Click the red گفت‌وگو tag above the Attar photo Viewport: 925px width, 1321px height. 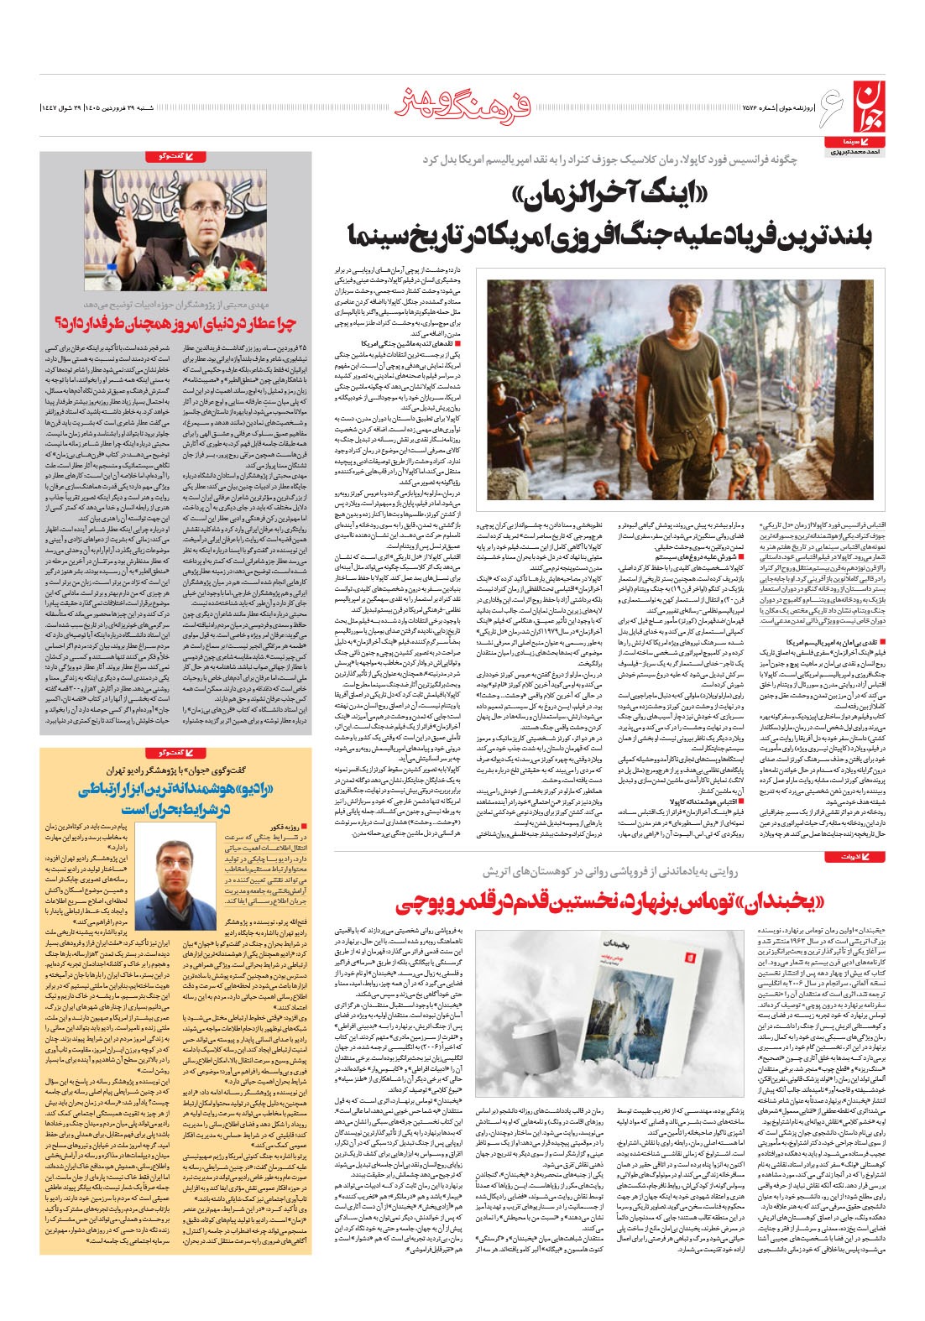175,157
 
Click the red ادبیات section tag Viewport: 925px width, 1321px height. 849,856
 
